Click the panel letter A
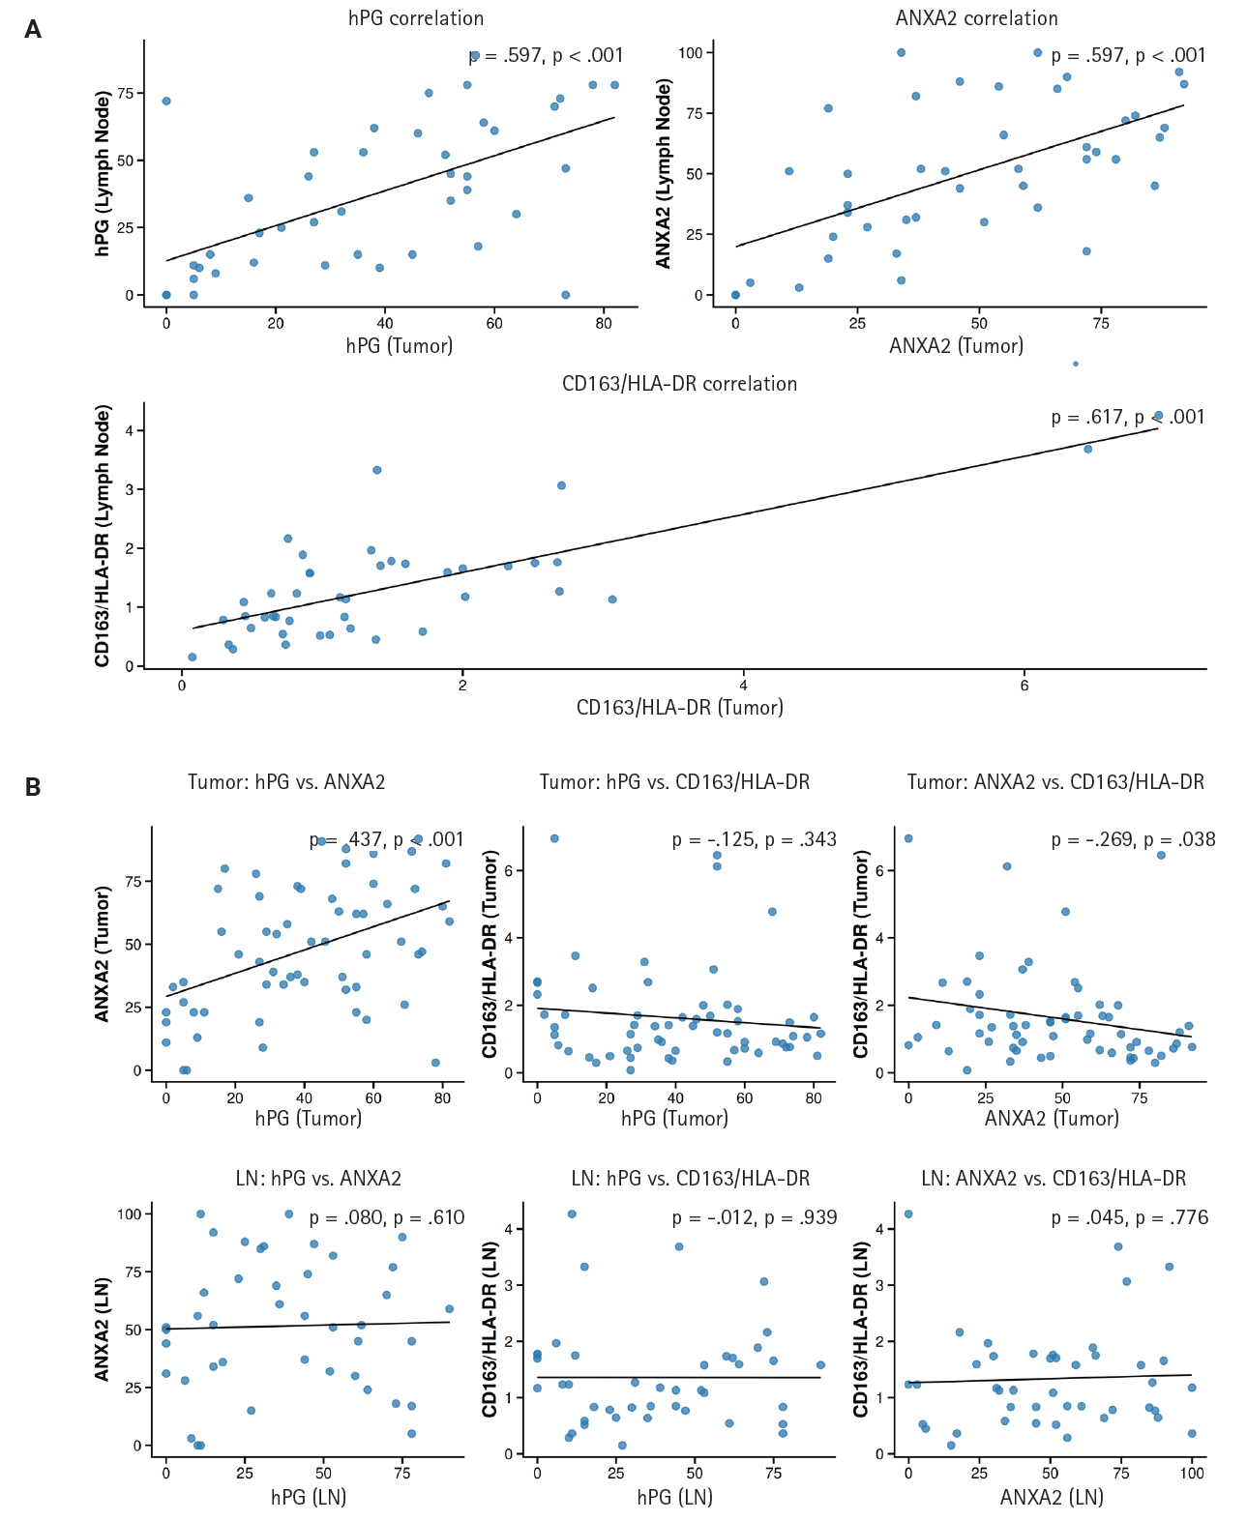click(x=33, y=30)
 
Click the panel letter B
click(x=33, y=787)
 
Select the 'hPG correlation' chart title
click(x=416, y=18)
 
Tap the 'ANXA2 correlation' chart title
click(x=976, y=18)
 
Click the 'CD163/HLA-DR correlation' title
click(x=679, y=384)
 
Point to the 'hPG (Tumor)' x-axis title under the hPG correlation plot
click(x=400, y=345)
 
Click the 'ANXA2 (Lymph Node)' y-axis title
click(x=664, y=174)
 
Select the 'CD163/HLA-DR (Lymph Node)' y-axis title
click(x=103, y=536)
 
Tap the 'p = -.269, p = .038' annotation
click(x=1133, y=839)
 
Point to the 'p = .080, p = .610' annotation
click(x=387, y=1217)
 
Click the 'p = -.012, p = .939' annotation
click(x=755, y=1217)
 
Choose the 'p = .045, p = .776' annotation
click(x=1130, y=1217)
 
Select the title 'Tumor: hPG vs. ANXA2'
click(x=286, y=781)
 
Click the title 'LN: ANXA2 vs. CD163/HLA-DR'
click(x=1054, y=1178)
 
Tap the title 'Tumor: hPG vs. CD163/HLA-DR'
click(x=674, y=781)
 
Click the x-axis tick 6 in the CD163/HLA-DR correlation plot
click(x=1024, y=686)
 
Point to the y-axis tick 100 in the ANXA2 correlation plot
click(x=690, y=52)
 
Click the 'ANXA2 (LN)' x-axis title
click(x=1052, y=1497)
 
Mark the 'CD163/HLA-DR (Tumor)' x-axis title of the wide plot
click(x=679, y=707)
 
